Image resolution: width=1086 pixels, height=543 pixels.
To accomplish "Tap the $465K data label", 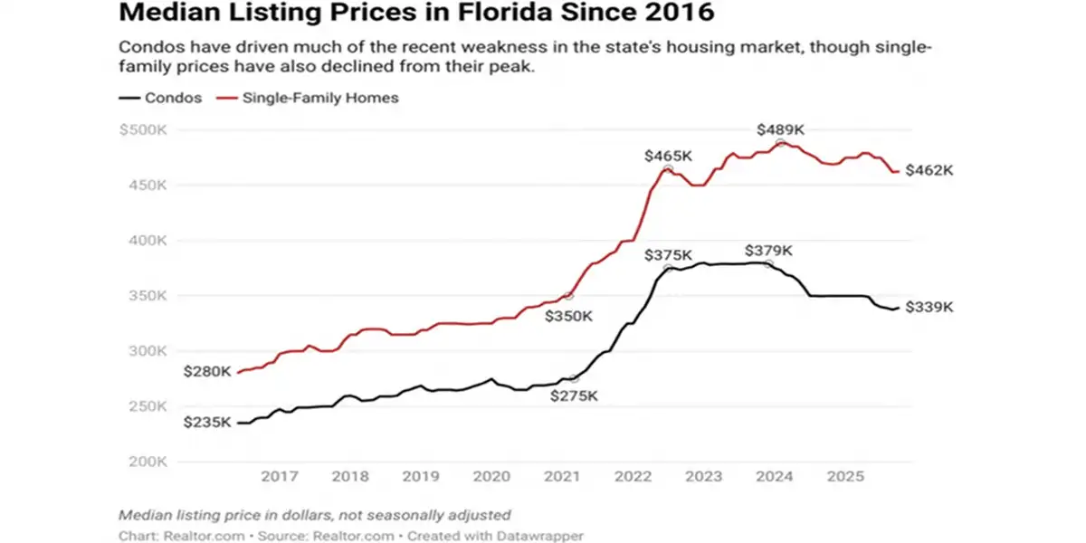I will pos(668,156).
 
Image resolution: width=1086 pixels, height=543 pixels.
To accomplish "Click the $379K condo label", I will pos(768,251).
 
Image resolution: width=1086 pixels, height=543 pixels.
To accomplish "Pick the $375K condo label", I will pos(668,255).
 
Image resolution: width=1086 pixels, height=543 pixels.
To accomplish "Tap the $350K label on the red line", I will pos(568,316).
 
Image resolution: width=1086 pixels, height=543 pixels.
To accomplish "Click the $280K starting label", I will pos(207,371).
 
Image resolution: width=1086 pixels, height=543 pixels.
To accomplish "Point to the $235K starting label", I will pos(207,423).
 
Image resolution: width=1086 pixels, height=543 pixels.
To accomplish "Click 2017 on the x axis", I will pos(280,477).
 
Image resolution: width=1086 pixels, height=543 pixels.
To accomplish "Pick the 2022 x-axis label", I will pos(633,477).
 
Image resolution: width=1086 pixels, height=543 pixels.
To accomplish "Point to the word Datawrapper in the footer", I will pos(538,536).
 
